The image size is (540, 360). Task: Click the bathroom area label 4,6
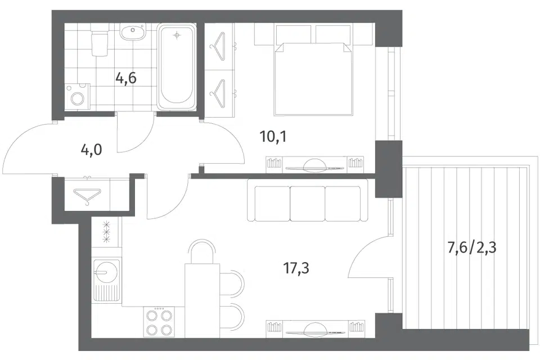pos(126,79)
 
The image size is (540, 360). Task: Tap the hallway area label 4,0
pos(91,150)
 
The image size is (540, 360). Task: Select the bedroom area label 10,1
pos(273,137)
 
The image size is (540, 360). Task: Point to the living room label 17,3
pos(296,268)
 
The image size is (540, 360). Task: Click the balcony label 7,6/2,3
pos(471,247)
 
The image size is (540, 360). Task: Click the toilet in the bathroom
pos(99,42)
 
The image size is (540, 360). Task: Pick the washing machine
pos(78,97)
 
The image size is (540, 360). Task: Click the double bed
pos(313,79)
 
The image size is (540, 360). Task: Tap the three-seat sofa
pos(308,203)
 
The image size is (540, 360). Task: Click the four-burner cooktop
pos(159,322)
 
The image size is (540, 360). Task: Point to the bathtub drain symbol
pos(177,35)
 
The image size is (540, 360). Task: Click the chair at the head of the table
pos(202,251)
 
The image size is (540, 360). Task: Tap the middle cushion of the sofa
pos(308,203)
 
